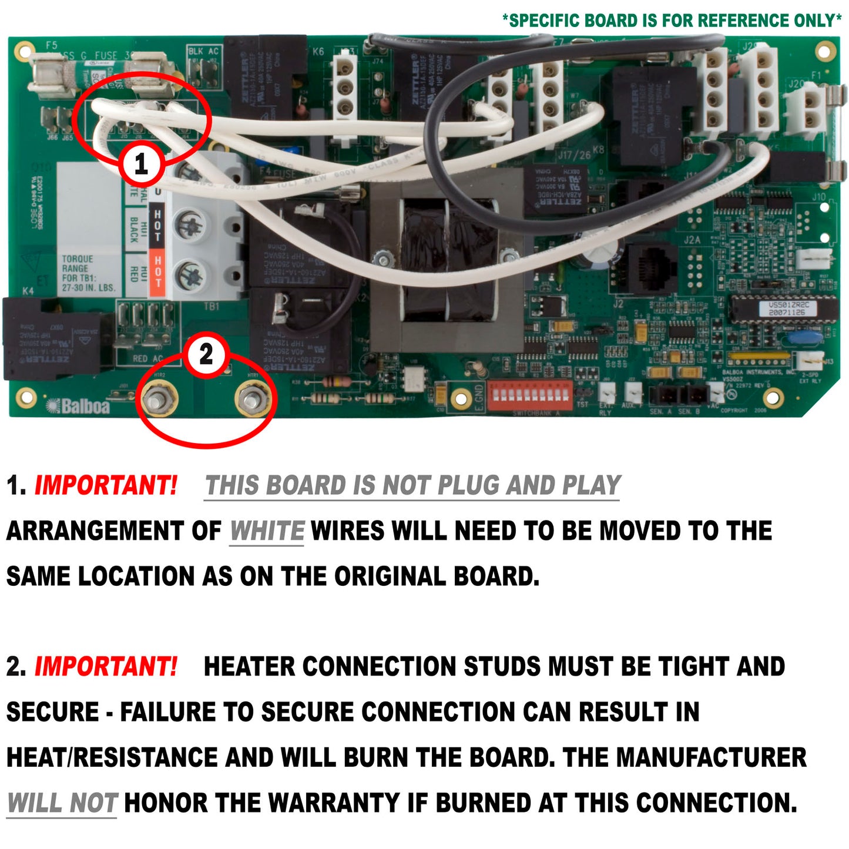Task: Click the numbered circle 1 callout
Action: pyautogui.click(x=141, y=163)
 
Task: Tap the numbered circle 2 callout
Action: pyautogui.click(x=206, y=354)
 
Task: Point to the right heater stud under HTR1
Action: pyautogui.click(x=253, y=399)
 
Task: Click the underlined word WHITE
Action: pyautogui.click(x=266, y=531)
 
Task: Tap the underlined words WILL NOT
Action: pyautogui.click(x=62, y=803)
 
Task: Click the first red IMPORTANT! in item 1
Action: pyautogui.click(x=106, y=486)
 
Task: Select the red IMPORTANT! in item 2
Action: pyautogui.click(x=106, y=667)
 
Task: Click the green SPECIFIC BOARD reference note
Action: pyautogui.click(x=672, y=21)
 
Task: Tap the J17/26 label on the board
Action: pyautogui.click(x=574, y=155)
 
